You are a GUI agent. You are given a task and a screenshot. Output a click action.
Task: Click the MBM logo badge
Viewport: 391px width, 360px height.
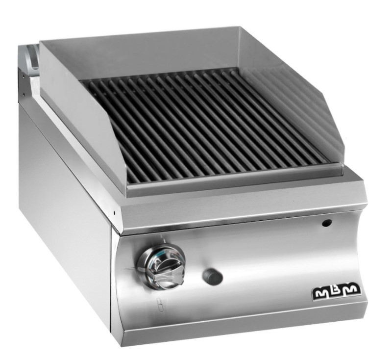pyautogui.click(x=337, y=291)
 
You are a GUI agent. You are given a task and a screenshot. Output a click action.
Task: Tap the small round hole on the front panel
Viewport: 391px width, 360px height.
pyautogui.click(x=327, y=223)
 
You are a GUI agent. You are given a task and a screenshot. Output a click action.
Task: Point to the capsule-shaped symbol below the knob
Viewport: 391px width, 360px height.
pyautogui.click(x=160, y=305)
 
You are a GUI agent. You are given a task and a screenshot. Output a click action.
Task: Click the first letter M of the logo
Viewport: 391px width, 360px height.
pyautogui.click(x=323, y=292)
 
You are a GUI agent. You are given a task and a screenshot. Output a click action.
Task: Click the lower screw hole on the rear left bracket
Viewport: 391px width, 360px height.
pyautogui.click(x=24, y=94)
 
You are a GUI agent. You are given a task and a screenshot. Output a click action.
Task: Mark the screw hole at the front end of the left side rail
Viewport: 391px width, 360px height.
pyautogui.click(x=115, y=213)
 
